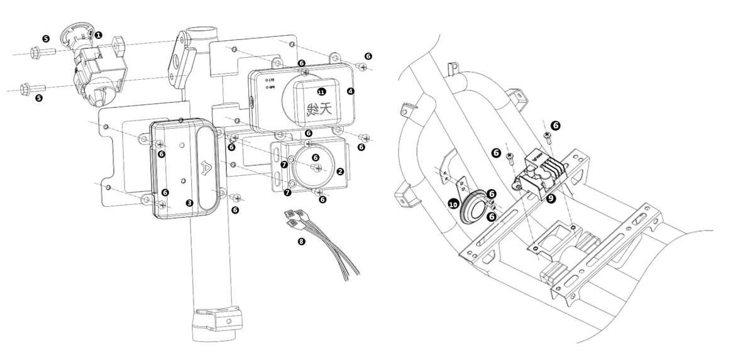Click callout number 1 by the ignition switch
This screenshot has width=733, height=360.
pos(99,35)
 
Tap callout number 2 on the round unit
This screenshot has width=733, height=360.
pos(339,171)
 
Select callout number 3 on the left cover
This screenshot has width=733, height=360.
pos(189,203)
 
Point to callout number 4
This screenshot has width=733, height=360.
pos(350,91)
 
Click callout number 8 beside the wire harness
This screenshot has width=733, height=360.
pos(302,241)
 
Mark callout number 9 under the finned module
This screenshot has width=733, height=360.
pos(551,198)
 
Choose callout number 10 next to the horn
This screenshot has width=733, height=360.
pos(453,204)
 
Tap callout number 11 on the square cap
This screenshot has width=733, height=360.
pos(321,92)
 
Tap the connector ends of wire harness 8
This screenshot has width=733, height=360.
pos(294,216)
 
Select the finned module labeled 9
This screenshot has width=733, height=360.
pos(544,173)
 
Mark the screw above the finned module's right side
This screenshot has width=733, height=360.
pos(547,136)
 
